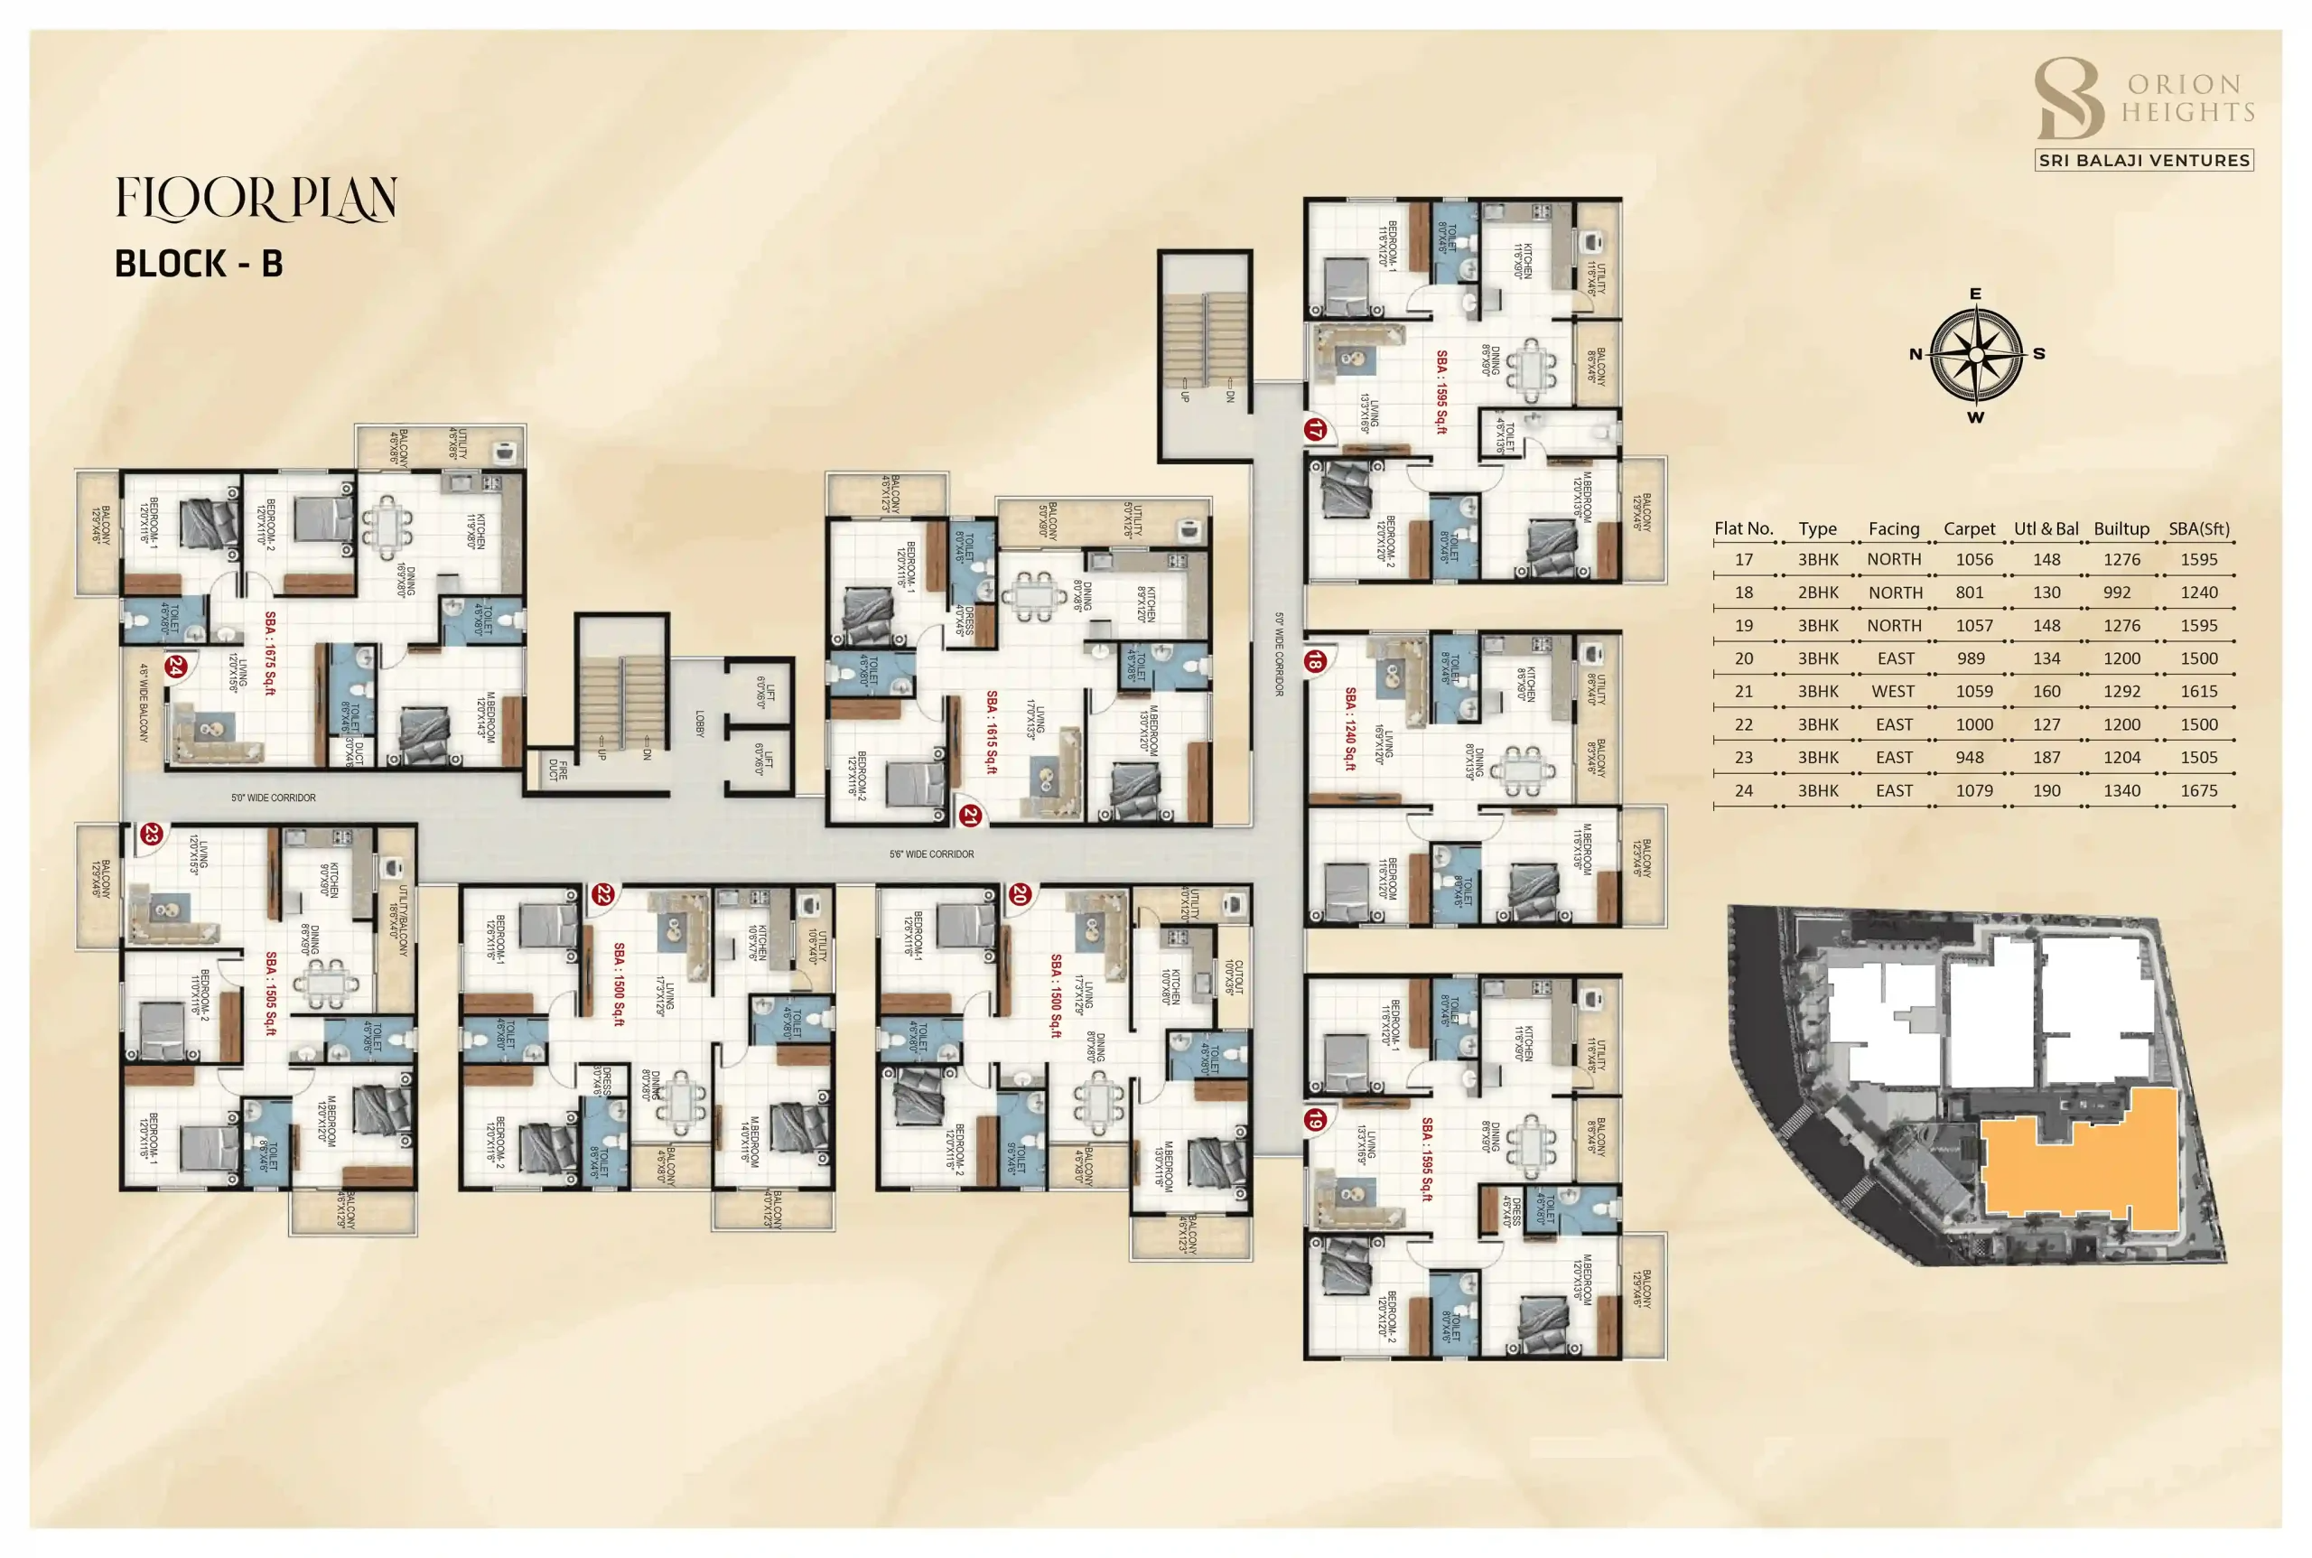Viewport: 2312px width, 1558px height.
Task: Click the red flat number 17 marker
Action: (x=1314, y=430)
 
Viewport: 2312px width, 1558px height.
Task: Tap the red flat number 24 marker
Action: (x=177, y=666)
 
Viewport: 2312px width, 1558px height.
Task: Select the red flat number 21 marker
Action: (x=970, y=816)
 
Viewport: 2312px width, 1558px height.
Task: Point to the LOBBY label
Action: (x=699, y=723)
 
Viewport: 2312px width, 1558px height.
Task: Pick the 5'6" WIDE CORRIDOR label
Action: (x=931, y=854)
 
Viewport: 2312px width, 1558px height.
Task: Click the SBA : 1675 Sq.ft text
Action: (x=270, y=653)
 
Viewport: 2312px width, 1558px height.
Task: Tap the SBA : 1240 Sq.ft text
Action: (x=1349, y=728)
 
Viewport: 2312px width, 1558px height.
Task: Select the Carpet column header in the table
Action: (x=1968, y=529)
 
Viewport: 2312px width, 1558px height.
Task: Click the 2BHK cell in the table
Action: (x=1817, y=592)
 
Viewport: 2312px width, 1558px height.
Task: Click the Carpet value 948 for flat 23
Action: (x=1968, y=758)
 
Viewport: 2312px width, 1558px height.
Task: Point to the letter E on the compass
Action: (x=1975, y=294)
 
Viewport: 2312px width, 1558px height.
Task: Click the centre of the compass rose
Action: (x=1976, y=355)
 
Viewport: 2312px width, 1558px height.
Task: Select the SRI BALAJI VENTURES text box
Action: (x=2143, y=160)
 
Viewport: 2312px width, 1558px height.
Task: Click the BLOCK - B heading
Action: (x=199, y=265)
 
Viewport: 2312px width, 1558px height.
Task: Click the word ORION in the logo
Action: (x=2184, y=85)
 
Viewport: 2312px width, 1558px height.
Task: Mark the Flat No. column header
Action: (x=1744, y=529)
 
